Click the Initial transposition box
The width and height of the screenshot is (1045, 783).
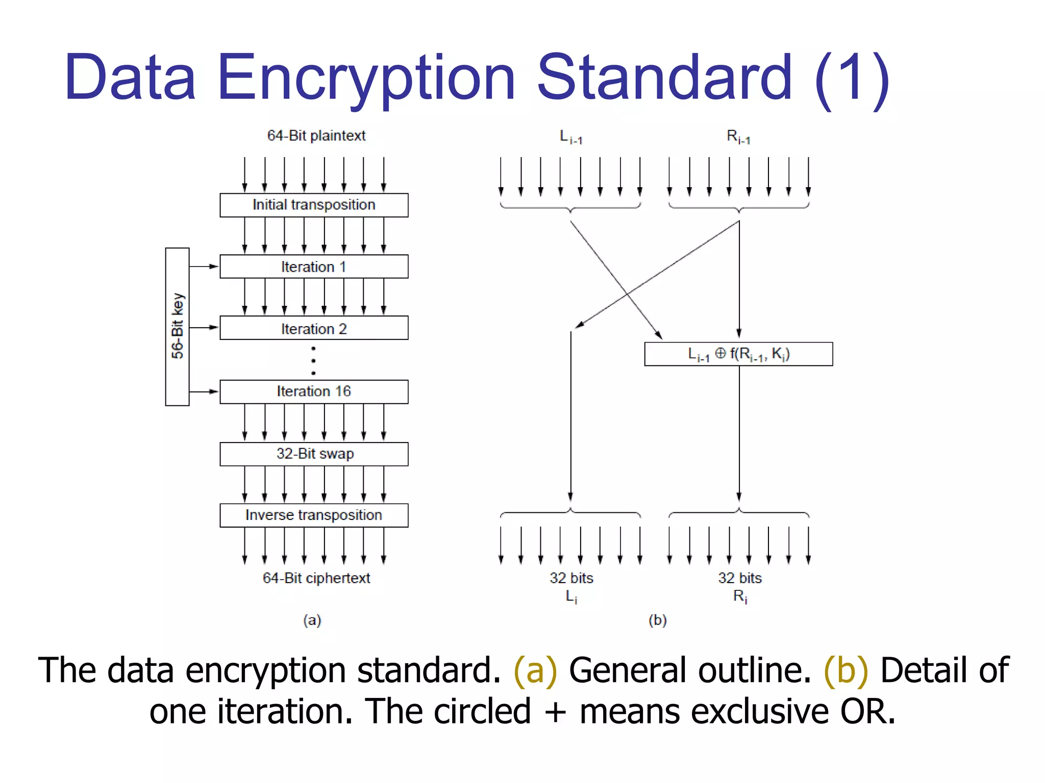point(314,205)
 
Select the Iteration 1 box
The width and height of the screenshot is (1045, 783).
point(314,267)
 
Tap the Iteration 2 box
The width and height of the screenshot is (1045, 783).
point(314,328)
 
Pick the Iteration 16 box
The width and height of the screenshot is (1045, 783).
point(314,391)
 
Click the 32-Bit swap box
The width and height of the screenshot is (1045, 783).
point(314,454)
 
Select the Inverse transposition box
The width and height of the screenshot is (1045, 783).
point(314,515)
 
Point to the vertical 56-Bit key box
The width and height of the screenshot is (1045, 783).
point(177,327)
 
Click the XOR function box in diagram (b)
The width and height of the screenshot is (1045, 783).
point(738,354)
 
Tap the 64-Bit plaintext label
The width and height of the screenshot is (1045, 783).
point(316,136)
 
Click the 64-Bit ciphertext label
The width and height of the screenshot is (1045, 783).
point(316,578)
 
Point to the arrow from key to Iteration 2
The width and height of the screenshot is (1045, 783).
point(204,327)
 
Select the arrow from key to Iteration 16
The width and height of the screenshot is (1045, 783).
point(204,391)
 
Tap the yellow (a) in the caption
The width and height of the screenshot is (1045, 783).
point(535,670)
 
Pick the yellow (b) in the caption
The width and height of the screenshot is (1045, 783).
point(845,670)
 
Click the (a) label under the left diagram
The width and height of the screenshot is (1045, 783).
point(312,620)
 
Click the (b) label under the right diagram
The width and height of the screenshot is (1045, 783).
point(658,620)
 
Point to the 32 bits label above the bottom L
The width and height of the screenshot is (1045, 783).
point(571,578)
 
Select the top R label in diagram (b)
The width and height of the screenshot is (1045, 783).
point(738,137)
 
